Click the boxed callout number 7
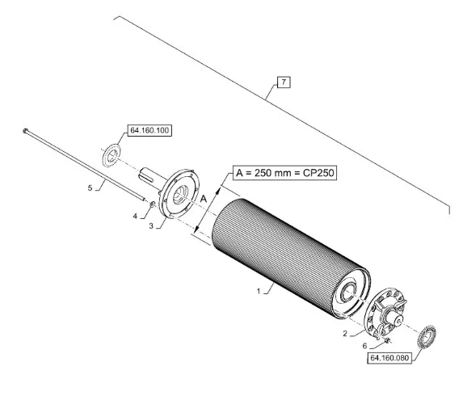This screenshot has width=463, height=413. coord(284,82)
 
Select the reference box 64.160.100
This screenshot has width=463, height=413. coord(149,130)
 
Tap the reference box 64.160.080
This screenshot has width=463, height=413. coord(389,358)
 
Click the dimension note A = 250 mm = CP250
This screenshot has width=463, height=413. coord(285,172)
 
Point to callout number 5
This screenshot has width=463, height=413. coord(90,188)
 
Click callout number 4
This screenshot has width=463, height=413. coord(135,217)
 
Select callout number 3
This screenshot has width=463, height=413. coord(151,226)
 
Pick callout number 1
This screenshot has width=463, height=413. coord(259,291)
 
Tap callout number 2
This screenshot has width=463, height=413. coord(345,334)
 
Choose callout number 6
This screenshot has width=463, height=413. coord(365,346)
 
